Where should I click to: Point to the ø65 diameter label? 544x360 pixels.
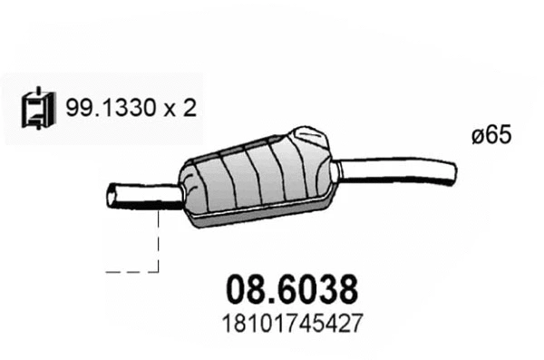pos(492,135)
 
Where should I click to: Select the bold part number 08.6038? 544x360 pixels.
pos(290,290)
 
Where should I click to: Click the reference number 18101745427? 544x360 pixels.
pos(290,322)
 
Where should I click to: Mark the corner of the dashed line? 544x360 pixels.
pos(158,269)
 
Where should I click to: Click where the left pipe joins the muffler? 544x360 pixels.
pos(182,193)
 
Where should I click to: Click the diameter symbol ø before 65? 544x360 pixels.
pos(478,136)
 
